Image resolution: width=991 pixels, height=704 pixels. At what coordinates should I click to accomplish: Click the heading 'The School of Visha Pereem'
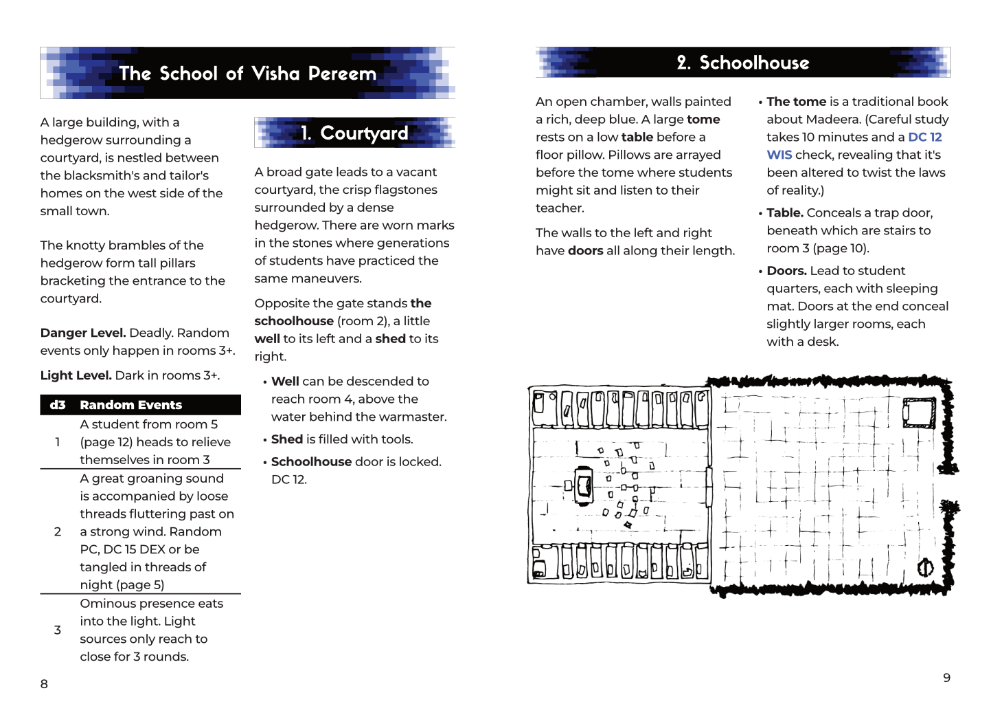(x=247, y=74)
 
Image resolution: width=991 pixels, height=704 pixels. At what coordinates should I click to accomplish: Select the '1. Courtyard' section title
(x=354, y=133)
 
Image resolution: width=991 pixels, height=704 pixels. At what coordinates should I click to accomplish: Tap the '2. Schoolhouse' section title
(x=743, y=63)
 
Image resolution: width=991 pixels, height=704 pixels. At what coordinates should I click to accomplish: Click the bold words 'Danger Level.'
(x=83, y=333)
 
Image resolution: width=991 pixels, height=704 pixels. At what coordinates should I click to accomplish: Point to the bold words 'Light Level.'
(x=76, y=375)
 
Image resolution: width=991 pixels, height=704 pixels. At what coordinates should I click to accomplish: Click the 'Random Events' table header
(x=130, y=405)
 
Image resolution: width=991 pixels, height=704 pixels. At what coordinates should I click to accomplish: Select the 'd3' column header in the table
(x=58, y=405)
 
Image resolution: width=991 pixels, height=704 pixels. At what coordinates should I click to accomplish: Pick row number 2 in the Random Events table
(x=58, y=531)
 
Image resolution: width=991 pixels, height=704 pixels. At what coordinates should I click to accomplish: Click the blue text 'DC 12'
(x=924, y=137)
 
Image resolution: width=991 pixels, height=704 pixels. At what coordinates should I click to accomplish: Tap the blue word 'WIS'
(x=779, y=155)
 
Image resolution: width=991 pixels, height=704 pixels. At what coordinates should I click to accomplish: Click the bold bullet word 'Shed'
(x=287, y=439)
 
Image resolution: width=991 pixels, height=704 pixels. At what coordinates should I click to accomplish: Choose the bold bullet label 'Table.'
(x=785, y=213)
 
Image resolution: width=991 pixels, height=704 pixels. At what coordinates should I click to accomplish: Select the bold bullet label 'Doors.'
(x=786, y=271)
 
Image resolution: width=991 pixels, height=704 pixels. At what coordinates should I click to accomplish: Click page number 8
(x=44, y=684)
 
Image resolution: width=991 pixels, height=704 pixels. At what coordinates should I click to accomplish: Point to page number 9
(x=946, y=678)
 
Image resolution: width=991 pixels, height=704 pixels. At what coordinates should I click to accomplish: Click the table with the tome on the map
(x=584, y=485)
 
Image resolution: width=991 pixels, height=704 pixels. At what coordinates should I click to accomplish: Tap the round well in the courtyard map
(x=925, y=567)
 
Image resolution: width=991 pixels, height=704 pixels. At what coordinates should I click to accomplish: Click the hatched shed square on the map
(x=919, y=412)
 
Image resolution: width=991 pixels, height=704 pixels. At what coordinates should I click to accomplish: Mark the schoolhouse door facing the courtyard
(x=709, y=486)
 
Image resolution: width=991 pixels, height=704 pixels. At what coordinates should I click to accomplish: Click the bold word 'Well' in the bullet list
(x=285, y=382)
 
